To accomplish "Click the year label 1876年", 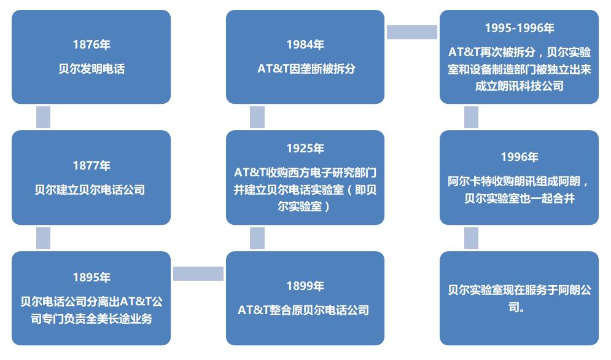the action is tap(91, 44).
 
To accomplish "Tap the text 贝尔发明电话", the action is tap(91, 69).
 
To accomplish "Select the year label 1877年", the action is tap(91, 165).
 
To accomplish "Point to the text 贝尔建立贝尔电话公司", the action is tap(90, 190).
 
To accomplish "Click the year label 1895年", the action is tap(91, 277).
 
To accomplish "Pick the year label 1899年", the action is tap(305, 286).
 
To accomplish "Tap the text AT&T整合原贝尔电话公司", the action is tap(303, 310).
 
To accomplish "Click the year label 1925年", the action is tap(305, 148).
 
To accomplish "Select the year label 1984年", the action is tap(305, 44).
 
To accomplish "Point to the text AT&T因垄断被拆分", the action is tap(306, 69).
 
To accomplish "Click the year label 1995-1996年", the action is tap(520, 28).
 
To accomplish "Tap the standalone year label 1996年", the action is tap(520, 157).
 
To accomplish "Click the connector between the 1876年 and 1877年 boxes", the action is tap(43, 117).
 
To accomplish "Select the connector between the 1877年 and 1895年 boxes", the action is tap(43, 238).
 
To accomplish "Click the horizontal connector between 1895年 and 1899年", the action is tap(198, 274).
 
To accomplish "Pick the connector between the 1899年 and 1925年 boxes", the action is tap(257, 238).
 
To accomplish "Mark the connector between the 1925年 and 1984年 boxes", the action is tap(257, 117).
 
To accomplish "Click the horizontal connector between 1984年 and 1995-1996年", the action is tap(412, 32).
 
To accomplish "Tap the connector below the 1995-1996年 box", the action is tap(471, 117).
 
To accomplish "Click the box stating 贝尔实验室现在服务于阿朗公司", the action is tap(519, 299).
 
